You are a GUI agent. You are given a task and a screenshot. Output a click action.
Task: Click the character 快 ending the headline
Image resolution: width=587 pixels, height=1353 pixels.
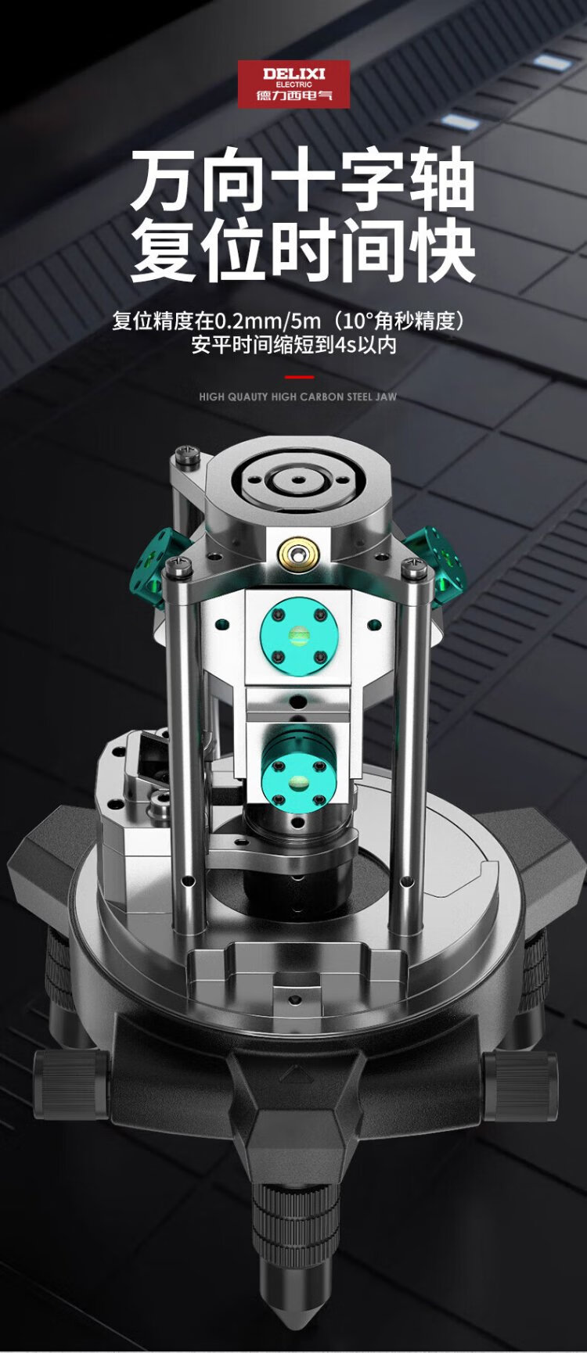point(441,252)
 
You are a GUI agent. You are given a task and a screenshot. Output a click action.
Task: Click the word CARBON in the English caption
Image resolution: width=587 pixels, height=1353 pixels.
point(321,397)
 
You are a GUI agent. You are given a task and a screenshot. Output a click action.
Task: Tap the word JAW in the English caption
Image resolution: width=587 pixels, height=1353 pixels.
point(386,397)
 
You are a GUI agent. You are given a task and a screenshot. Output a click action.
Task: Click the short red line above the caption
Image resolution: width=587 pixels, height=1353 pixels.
point(294,377)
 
